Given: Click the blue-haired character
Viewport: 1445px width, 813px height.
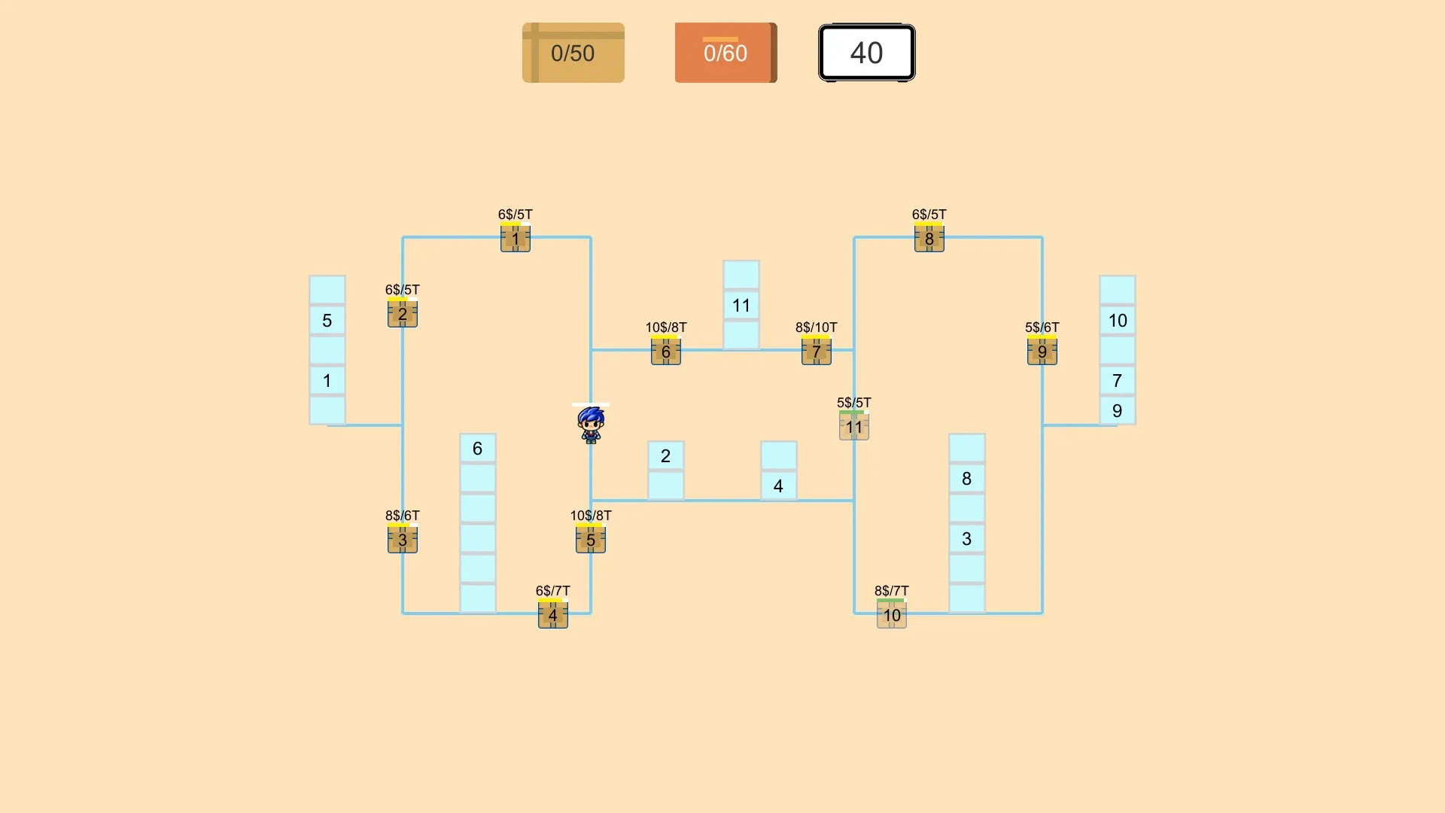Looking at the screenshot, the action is click(x=591, y=425).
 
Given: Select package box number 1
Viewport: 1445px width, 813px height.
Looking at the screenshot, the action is click(x=516, y=239).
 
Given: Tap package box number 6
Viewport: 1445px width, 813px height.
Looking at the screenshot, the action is click(x=666, y=352).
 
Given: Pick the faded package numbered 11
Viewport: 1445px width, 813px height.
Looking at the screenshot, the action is click(x=854, y=427).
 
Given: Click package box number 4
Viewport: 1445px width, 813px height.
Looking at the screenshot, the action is click(x=553, y=615).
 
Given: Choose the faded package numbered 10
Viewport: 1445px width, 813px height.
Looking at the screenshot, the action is click(x=892, y=615).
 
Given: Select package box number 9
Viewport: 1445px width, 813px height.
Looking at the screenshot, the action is click(x=1042, y=352).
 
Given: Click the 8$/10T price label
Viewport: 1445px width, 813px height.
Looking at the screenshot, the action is click(x=817, y=327).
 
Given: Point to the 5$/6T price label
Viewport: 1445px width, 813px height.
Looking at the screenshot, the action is click(x=1042, y=327).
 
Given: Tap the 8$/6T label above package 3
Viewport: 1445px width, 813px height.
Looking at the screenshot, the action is click(x=403, y=516).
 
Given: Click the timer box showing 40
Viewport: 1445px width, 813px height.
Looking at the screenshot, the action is click(x=867, y=53).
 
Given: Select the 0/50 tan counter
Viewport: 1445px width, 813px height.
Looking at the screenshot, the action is click(x=573, y=53).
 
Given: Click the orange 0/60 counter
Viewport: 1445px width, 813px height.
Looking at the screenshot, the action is click(x=726, y=53).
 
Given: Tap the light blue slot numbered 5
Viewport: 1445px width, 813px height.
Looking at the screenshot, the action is click(x=327, y=320).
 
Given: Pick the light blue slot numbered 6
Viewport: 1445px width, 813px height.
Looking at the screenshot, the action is click(x=478, y=448).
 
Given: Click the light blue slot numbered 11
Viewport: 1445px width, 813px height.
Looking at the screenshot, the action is click(x=741, y=305).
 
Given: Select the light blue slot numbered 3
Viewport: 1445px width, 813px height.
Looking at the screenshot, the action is click(x=967, y=538).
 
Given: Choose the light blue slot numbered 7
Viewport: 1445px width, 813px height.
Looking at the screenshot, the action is click(x=1118, y=380).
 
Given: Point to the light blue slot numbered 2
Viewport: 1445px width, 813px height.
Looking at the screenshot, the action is click(x=666, y=455).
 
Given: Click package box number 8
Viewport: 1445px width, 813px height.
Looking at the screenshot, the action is click(x=929, y=239).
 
